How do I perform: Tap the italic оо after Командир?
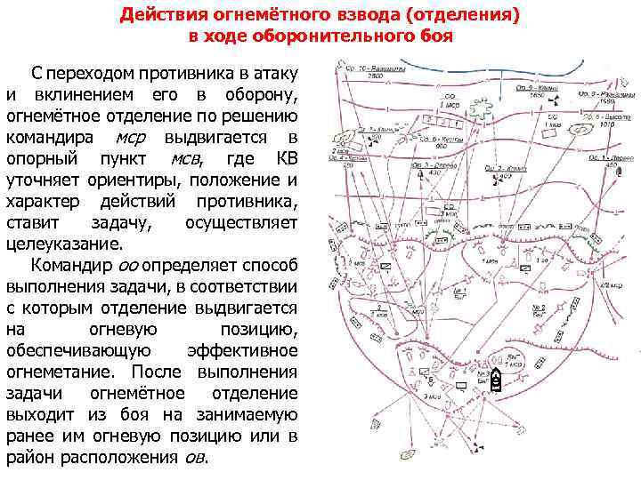tap(129, 264)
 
